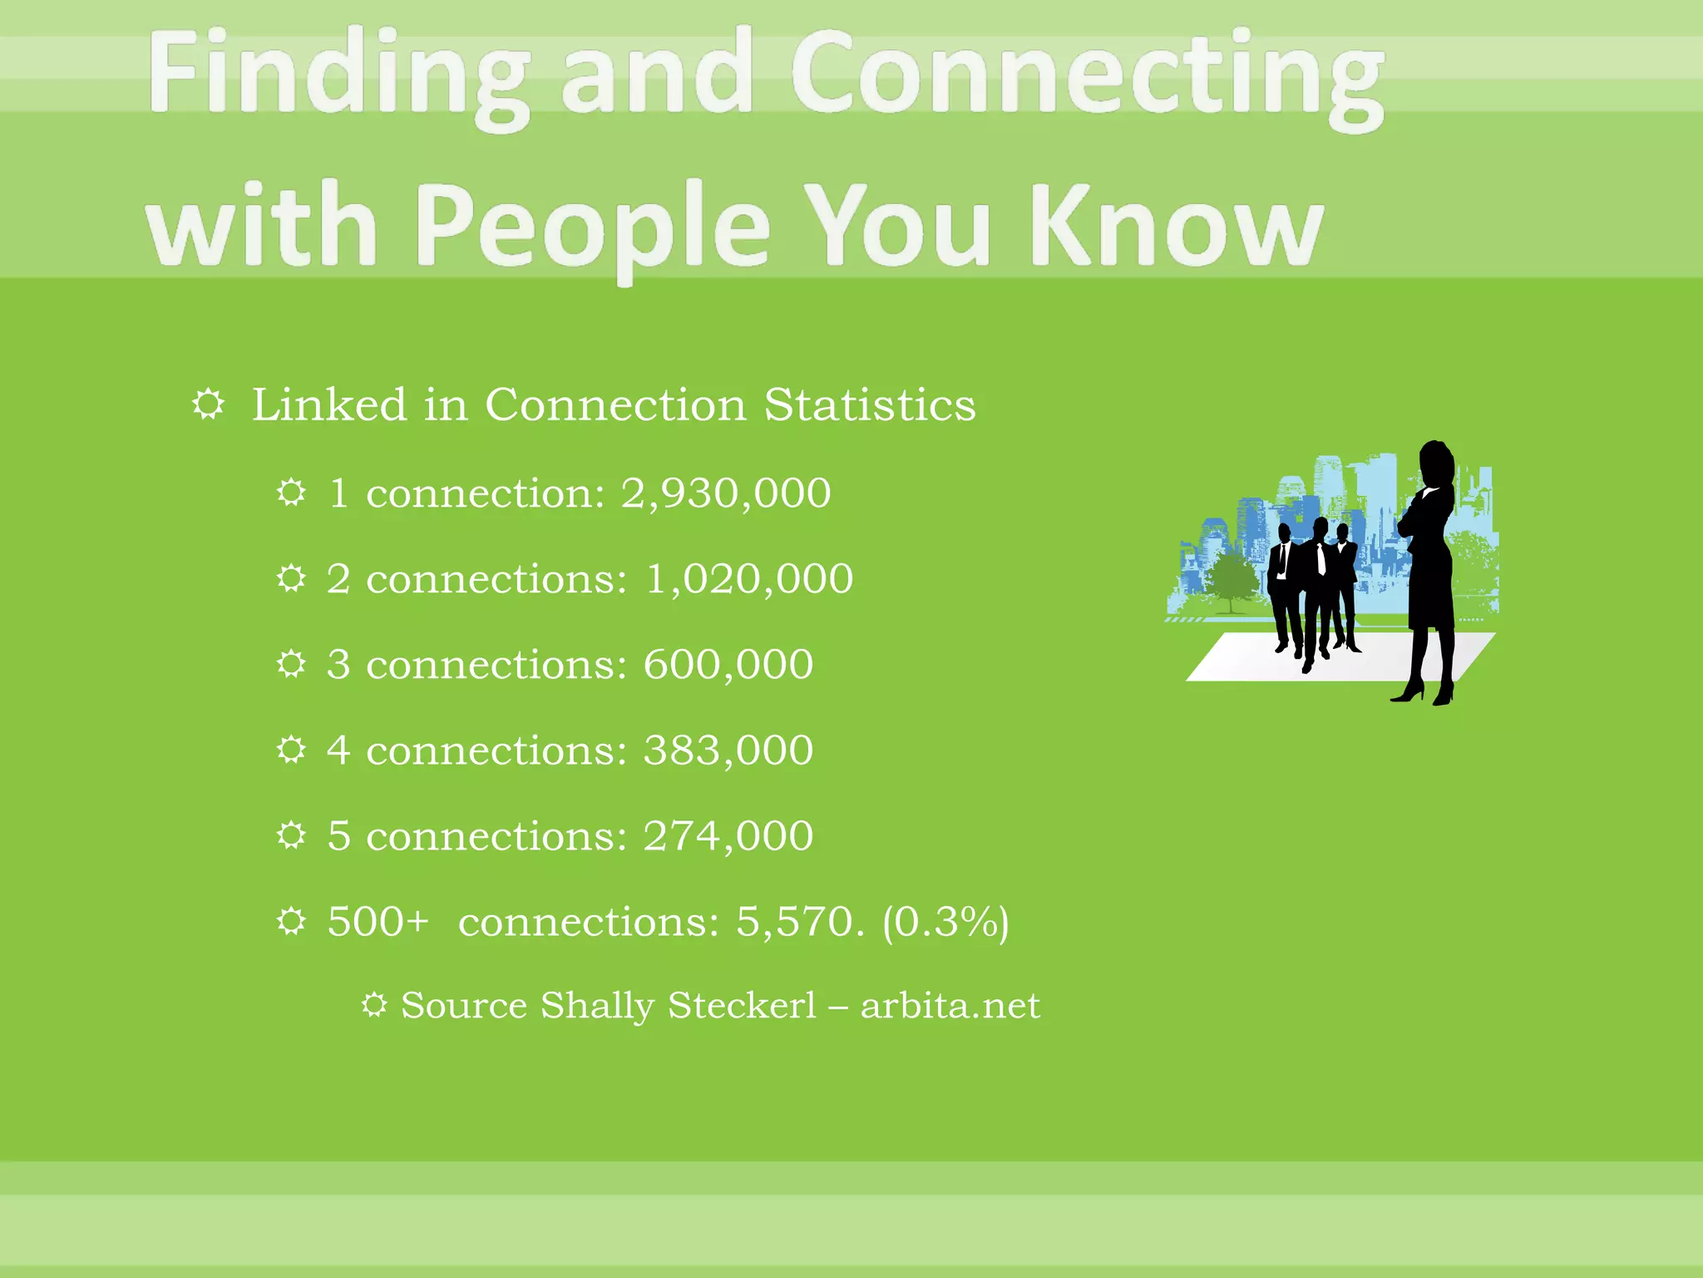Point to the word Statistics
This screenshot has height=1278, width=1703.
[870, 405]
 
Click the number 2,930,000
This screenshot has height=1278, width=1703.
[726, 493]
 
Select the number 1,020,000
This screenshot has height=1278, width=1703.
[749, 578]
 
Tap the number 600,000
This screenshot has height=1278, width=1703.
[728, 664]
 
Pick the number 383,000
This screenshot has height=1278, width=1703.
[728, 750]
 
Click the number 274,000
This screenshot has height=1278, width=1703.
[728, 835]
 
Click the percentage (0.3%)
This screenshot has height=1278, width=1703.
[945, 922]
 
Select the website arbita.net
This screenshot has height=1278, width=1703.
[950, 1006]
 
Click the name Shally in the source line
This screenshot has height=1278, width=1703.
[597, 1006]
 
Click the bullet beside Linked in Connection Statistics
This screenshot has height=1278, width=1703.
[208, 405]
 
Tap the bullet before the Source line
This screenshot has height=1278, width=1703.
[374, 1005]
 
